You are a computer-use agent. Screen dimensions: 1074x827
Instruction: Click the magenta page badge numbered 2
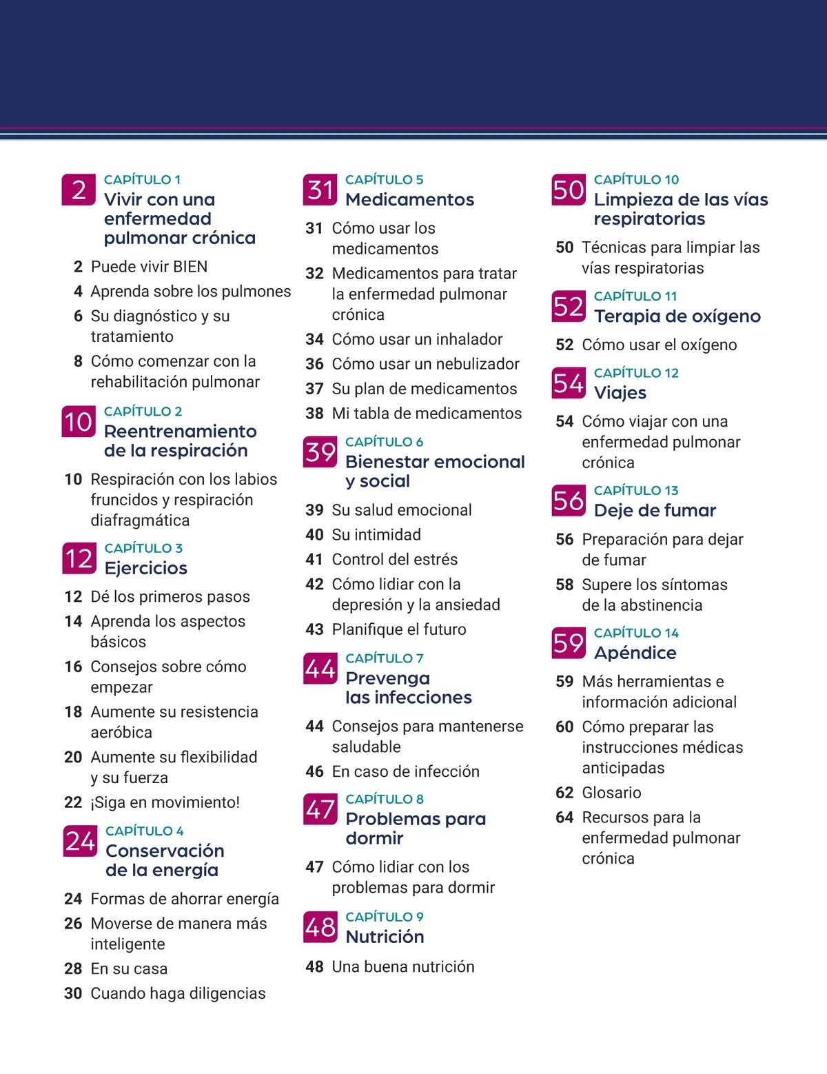79,190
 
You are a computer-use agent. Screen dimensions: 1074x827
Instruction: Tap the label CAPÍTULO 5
384,180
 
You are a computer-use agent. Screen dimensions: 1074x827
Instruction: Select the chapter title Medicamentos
409,200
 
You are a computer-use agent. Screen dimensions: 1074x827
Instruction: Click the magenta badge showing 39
320,452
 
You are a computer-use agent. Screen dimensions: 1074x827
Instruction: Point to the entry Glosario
611,793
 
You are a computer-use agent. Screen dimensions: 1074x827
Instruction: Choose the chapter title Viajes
620,393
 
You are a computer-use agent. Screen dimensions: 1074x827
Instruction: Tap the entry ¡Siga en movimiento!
165,802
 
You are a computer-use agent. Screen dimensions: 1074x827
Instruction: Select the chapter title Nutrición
385,937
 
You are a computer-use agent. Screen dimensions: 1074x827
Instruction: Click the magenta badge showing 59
569,643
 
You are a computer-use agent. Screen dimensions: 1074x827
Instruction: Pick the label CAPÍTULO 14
636,633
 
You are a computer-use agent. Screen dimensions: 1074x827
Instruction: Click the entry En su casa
129,969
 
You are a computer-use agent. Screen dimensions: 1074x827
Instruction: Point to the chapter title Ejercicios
145,568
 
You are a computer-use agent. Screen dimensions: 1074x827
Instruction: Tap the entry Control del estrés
394,559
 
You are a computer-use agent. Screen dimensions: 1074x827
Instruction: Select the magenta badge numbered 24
80,841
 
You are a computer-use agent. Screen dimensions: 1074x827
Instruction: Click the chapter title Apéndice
635,653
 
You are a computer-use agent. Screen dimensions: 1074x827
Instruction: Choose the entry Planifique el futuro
398,629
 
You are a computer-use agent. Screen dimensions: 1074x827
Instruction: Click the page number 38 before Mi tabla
314,414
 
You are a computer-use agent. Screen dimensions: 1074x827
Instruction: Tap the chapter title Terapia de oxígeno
677,316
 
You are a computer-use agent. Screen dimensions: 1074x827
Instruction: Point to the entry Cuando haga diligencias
178,993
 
